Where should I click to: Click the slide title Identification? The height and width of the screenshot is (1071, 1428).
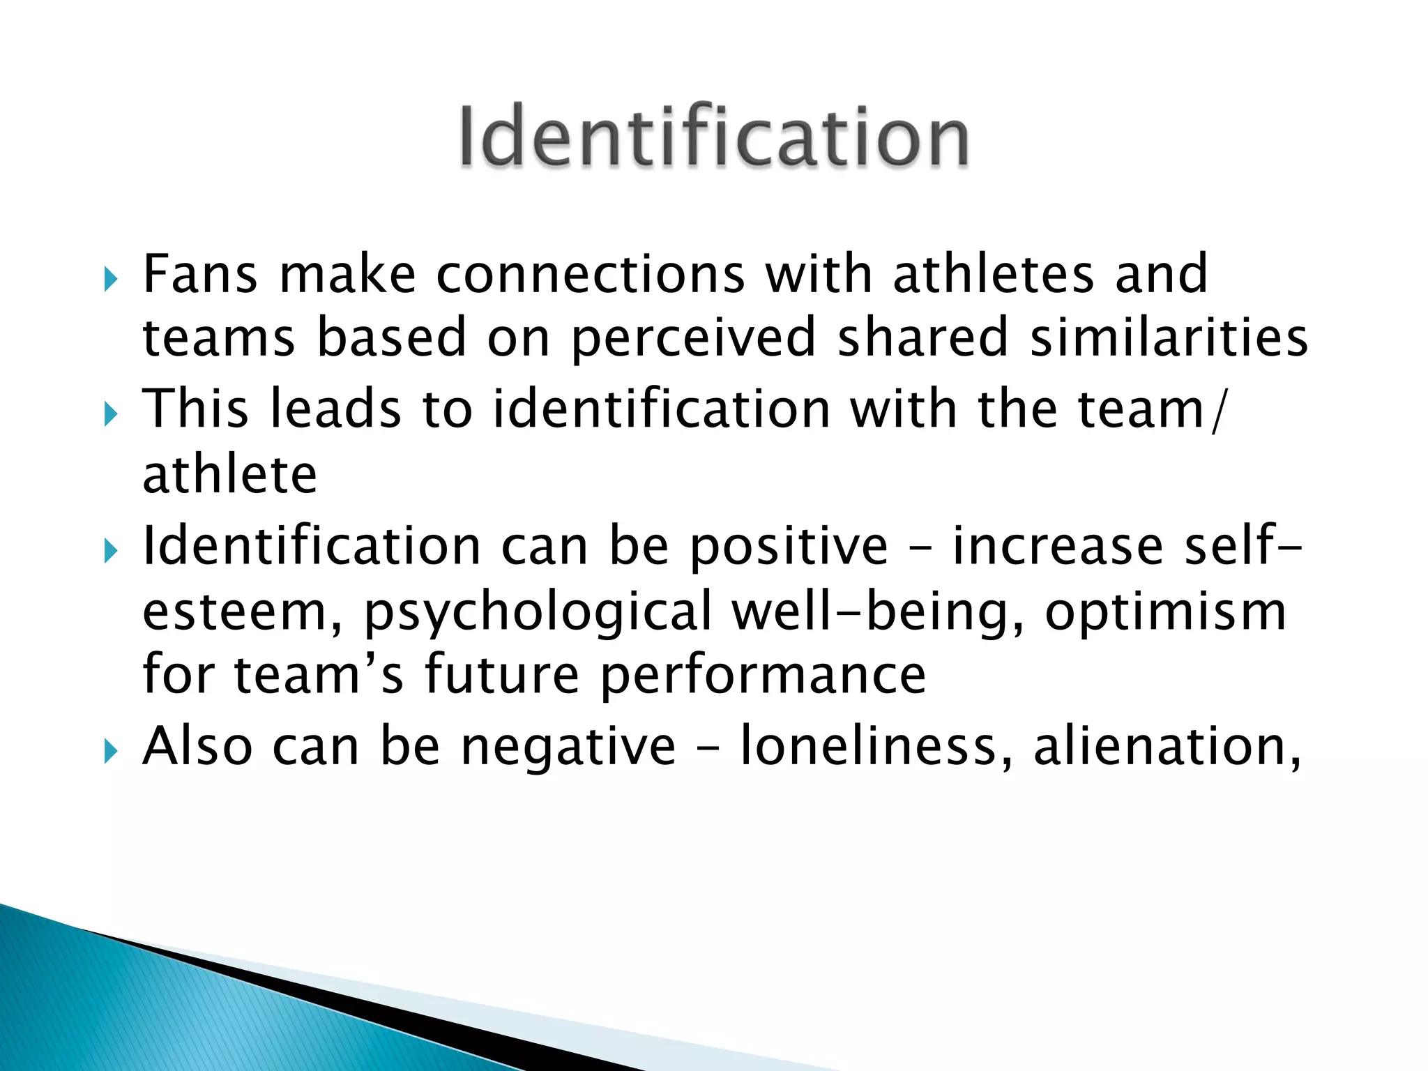713,136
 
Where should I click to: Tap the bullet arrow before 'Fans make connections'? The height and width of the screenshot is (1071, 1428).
110,280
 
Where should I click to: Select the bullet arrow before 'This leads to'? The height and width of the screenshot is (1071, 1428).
110,416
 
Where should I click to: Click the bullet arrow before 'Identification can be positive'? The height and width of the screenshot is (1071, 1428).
110,552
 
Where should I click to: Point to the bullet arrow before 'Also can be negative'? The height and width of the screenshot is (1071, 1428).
110,752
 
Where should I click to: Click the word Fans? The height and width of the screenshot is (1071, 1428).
200,273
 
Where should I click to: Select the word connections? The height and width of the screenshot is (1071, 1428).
591,273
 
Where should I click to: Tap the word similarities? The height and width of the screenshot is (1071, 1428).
1169,337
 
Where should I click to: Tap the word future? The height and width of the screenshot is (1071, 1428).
501,675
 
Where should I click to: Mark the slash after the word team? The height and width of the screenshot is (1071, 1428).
1217,411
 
